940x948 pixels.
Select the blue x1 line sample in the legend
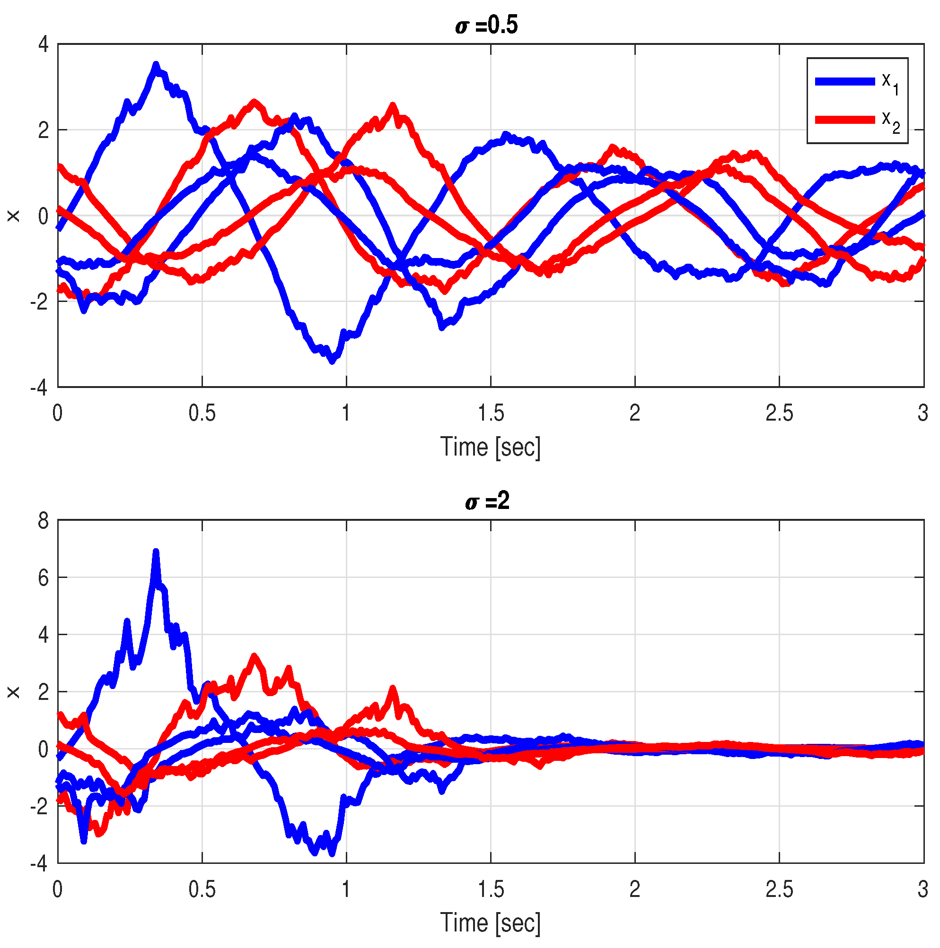tap(845, 81)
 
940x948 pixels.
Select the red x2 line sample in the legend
tap(845, 120)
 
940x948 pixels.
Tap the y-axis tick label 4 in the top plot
tap(44, 44)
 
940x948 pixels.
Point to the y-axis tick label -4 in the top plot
tap(39, 388)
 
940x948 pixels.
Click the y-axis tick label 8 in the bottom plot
tap(44, 521)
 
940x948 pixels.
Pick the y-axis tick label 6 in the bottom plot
tap(44, 578)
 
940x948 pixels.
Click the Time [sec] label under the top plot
tap(490, 447)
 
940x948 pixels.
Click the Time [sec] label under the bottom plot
tap(490, 923)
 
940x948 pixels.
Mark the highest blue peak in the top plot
tap(156, 65)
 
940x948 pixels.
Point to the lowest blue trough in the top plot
tap(333, 361)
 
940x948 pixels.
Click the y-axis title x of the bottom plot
tap(13, 692)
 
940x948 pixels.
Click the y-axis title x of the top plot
tap(13, 216)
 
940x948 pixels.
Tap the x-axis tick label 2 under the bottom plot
tap(635, 889)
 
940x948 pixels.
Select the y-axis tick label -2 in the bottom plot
tap(39, 807)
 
